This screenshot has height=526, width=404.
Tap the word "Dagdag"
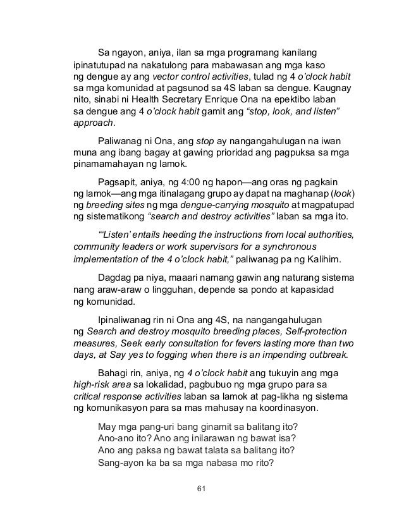click(116, 278)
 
